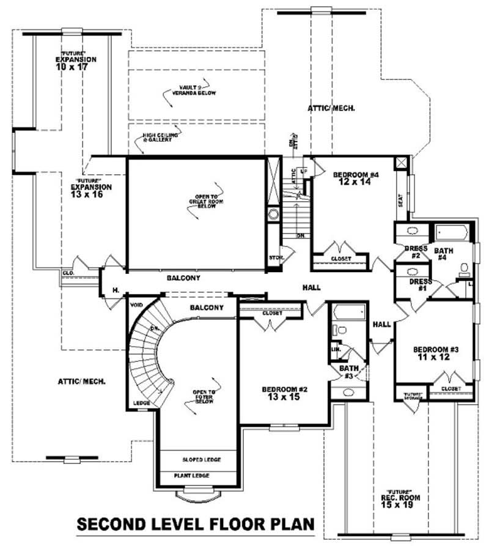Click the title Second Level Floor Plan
pyautogui.click(x=196, y=525)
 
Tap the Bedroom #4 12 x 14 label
pyautogui.click(x=356, y=178)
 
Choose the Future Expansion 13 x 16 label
pyautogui.click(x=91, y=191)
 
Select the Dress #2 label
pyautogui.click(x=415, y=251)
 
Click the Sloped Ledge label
pyautogui.click(x=202, y=459)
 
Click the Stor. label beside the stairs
pyautogui.click(x=276, y=258)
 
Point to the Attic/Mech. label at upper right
pyautogui.click(x=333, y=108)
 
